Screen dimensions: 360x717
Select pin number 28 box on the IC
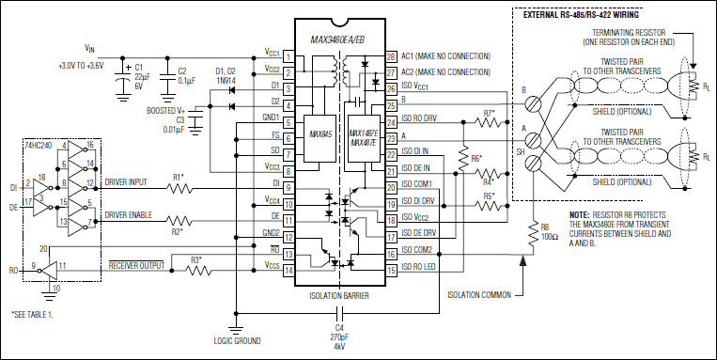click(391, 56)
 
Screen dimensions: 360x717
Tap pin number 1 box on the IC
click(288, 56)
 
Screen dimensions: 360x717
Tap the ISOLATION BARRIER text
click(339, 294)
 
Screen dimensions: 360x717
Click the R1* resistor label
click(179, 176)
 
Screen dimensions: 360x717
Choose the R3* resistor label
click(196, 259)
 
